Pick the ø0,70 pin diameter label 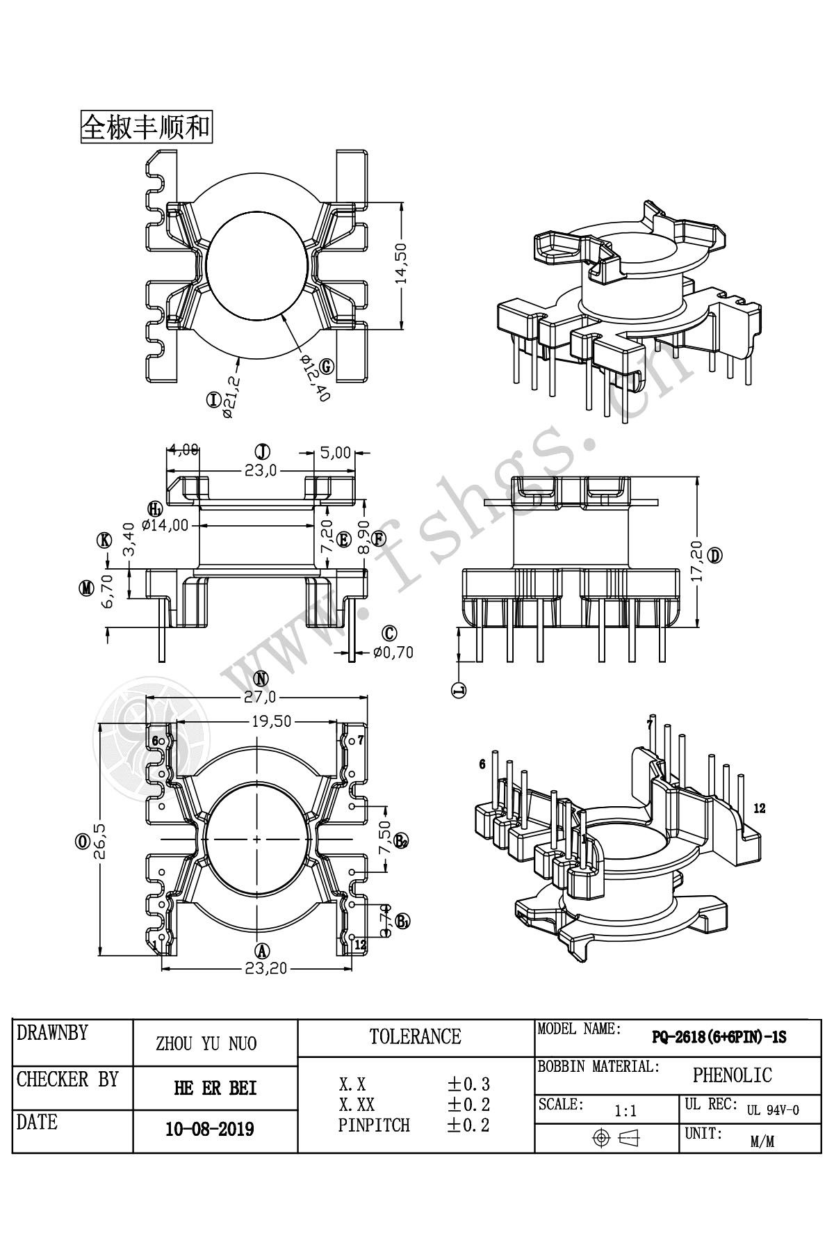393,652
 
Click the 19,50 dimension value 272,721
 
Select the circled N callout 261,679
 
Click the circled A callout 261,950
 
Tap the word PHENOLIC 732,1075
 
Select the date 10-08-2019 209,1128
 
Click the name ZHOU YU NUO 206,1043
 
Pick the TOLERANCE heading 416,1037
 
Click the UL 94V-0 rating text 773,1110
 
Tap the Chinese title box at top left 147,127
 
